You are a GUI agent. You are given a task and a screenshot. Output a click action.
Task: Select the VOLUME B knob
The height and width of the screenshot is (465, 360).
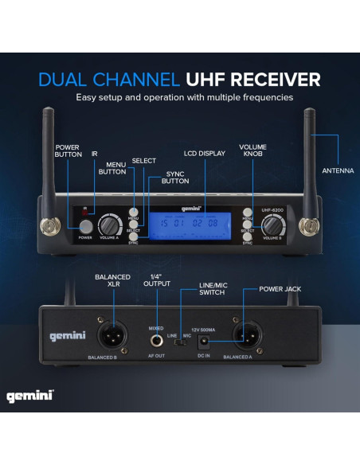(x=272, y=225)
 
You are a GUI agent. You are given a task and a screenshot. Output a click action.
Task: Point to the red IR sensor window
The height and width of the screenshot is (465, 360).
(x=85, y=213)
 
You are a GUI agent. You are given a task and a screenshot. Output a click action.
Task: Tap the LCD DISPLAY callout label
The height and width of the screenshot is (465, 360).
(x=205, y=152)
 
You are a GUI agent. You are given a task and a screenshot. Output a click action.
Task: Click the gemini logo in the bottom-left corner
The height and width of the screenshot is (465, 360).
(x=30, y=395)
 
